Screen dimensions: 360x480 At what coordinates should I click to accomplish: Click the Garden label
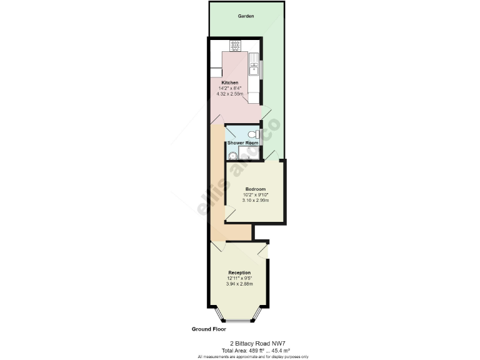pos(246,16)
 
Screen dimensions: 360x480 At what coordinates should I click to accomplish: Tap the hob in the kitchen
pos(236,45)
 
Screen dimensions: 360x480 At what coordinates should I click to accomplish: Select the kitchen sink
pos(254,65)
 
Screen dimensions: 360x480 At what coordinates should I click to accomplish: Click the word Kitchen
pos(229,82)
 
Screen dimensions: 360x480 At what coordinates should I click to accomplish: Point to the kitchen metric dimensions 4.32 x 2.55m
pos(229,94)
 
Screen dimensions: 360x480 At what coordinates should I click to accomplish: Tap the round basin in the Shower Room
pos(231,156)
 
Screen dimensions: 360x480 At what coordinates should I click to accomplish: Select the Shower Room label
pos(242,143)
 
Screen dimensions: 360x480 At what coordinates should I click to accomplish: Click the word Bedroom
pos(255,189)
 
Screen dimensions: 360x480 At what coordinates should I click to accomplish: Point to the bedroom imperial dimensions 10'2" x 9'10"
pos(255,195)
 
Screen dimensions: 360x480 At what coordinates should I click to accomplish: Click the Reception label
pos(239,272)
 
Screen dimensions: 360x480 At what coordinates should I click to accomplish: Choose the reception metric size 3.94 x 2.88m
pos(239,284)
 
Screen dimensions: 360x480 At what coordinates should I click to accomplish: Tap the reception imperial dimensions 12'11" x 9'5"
pos(239,278)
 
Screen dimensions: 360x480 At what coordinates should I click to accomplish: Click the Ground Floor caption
pos(209,329)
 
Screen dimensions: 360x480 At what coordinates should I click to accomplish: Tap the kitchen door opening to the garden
pos(265,112)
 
